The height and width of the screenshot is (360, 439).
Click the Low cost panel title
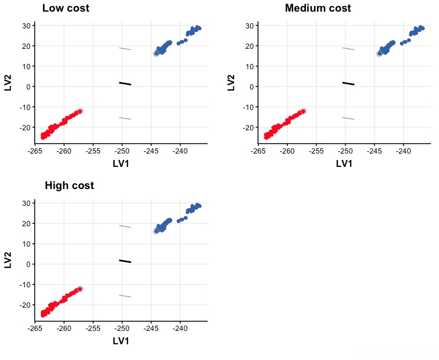coord(66,9)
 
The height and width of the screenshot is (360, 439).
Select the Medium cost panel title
coord(317,9)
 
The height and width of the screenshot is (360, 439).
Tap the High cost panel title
coord(69,186)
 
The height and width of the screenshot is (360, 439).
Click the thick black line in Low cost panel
coord(125,83)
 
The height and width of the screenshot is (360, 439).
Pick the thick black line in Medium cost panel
coord(348,83)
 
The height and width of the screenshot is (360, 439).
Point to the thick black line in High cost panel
coord(125,261)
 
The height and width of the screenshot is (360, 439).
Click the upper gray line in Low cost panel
coord(125,49)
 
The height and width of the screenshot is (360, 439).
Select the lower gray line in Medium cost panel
coord(348,118)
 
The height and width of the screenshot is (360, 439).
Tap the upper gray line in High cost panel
coord(125,226)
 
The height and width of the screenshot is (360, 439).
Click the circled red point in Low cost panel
coord(80,111)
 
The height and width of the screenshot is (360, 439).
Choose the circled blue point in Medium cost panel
coord(379,54)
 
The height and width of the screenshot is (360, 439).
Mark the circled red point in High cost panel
coord(80,288)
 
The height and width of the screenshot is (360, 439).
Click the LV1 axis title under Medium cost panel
coord(344,163)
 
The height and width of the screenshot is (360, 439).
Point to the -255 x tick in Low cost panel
coord(92,152)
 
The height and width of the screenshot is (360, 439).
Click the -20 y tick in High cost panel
coord(24,305)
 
